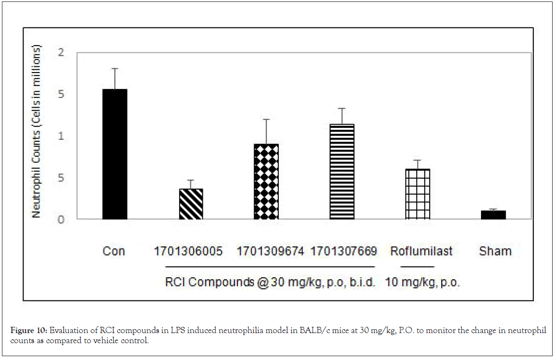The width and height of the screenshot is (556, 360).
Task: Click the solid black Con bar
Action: (115, 154)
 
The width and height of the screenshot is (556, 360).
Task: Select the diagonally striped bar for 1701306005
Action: (191, 204)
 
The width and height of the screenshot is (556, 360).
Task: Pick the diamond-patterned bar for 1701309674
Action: (266, 182)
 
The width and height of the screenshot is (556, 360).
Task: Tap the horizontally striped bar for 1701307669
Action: (342, 172)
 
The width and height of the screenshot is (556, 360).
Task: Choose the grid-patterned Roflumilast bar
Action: (418, 194)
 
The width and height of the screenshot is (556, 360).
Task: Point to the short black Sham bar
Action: (493, 215)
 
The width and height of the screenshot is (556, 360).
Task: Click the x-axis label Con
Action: (114, 251)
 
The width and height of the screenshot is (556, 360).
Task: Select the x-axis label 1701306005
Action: (188, 251)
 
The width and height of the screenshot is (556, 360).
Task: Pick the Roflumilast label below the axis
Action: (421, 251)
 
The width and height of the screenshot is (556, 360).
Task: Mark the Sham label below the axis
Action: (495, 251)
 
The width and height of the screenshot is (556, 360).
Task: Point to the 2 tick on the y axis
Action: (61, 52)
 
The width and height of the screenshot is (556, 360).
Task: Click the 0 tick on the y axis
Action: (61, 220)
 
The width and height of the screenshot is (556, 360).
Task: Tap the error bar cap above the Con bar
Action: (115, 69)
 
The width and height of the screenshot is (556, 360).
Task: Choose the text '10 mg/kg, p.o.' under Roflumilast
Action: (422, 283)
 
